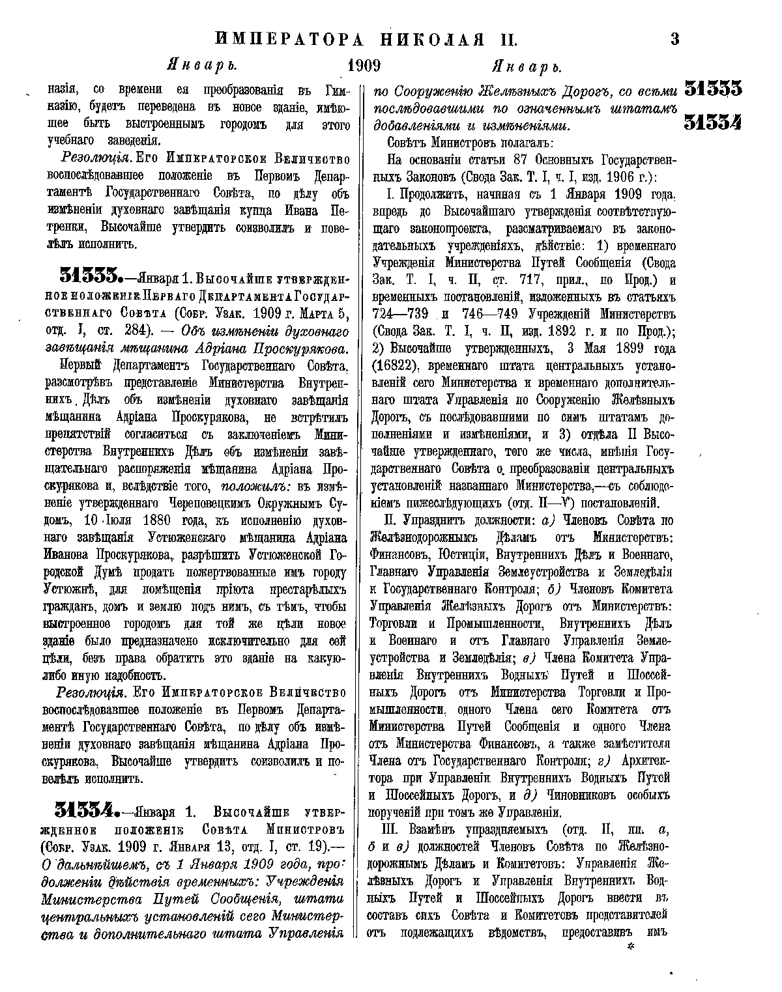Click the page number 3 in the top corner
(x=674, y=39)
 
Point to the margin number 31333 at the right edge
(x=713, y=89)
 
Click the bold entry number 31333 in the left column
(x=90, y=276)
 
